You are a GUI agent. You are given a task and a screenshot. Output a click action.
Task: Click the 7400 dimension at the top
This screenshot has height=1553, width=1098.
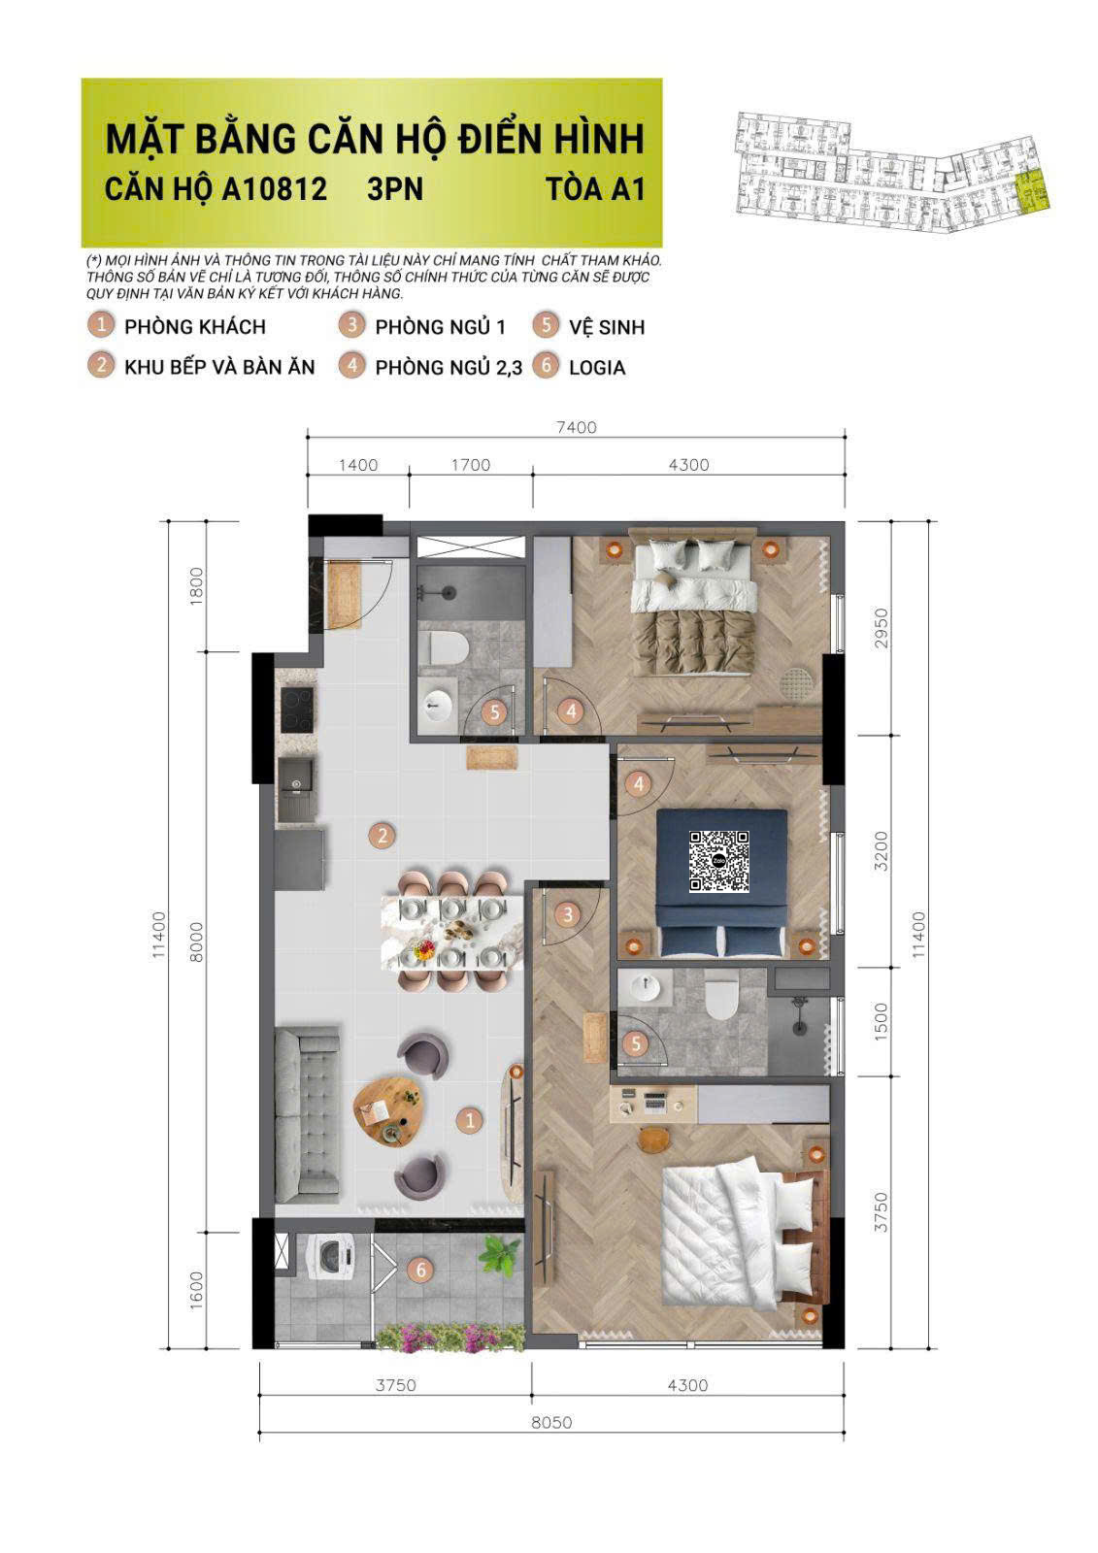coord(576,427)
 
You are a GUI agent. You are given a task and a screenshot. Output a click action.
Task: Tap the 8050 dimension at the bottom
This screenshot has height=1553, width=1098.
coord(551,1422)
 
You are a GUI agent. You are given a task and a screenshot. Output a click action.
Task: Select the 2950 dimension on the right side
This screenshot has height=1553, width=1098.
coord(881,629)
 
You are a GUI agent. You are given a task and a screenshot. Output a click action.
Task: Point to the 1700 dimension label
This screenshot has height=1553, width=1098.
coord(471,465)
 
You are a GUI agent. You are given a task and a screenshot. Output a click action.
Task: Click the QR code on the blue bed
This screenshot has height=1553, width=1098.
coord(719,861)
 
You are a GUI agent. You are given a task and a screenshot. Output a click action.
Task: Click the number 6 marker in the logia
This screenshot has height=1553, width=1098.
coord(420,1269)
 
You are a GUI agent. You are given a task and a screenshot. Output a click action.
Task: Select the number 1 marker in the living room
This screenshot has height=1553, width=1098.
coord(470,1120)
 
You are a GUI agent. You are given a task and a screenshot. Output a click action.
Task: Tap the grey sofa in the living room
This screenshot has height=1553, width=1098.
coord(307,1115)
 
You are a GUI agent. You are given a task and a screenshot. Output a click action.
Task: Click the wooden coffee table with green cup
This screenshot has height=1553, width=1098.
coord(389,1111)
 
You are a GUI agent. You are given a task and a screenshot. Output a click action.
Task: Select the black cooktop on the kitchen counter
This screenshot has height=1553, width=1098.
coord(296,710)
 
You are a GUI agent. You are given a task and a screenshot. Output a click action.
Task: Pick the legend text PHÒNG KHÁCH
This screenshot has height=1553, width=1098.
coord(194,327)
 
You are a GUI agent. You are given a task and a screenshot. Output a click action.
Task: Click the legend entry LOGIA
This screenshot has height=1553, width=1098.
coord(597,368)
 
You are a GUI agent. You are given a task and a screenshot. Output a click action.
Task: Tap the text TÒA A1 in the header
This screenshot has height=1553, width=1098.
coord(595,188)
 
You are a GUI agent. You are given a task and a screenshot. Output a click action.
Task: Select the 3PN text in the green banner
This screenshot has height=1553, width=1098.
coord(395,188)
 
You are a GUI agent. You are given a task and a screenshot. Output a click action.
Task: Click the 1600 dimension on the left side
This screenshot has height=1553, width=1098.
coord(196,1289)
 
